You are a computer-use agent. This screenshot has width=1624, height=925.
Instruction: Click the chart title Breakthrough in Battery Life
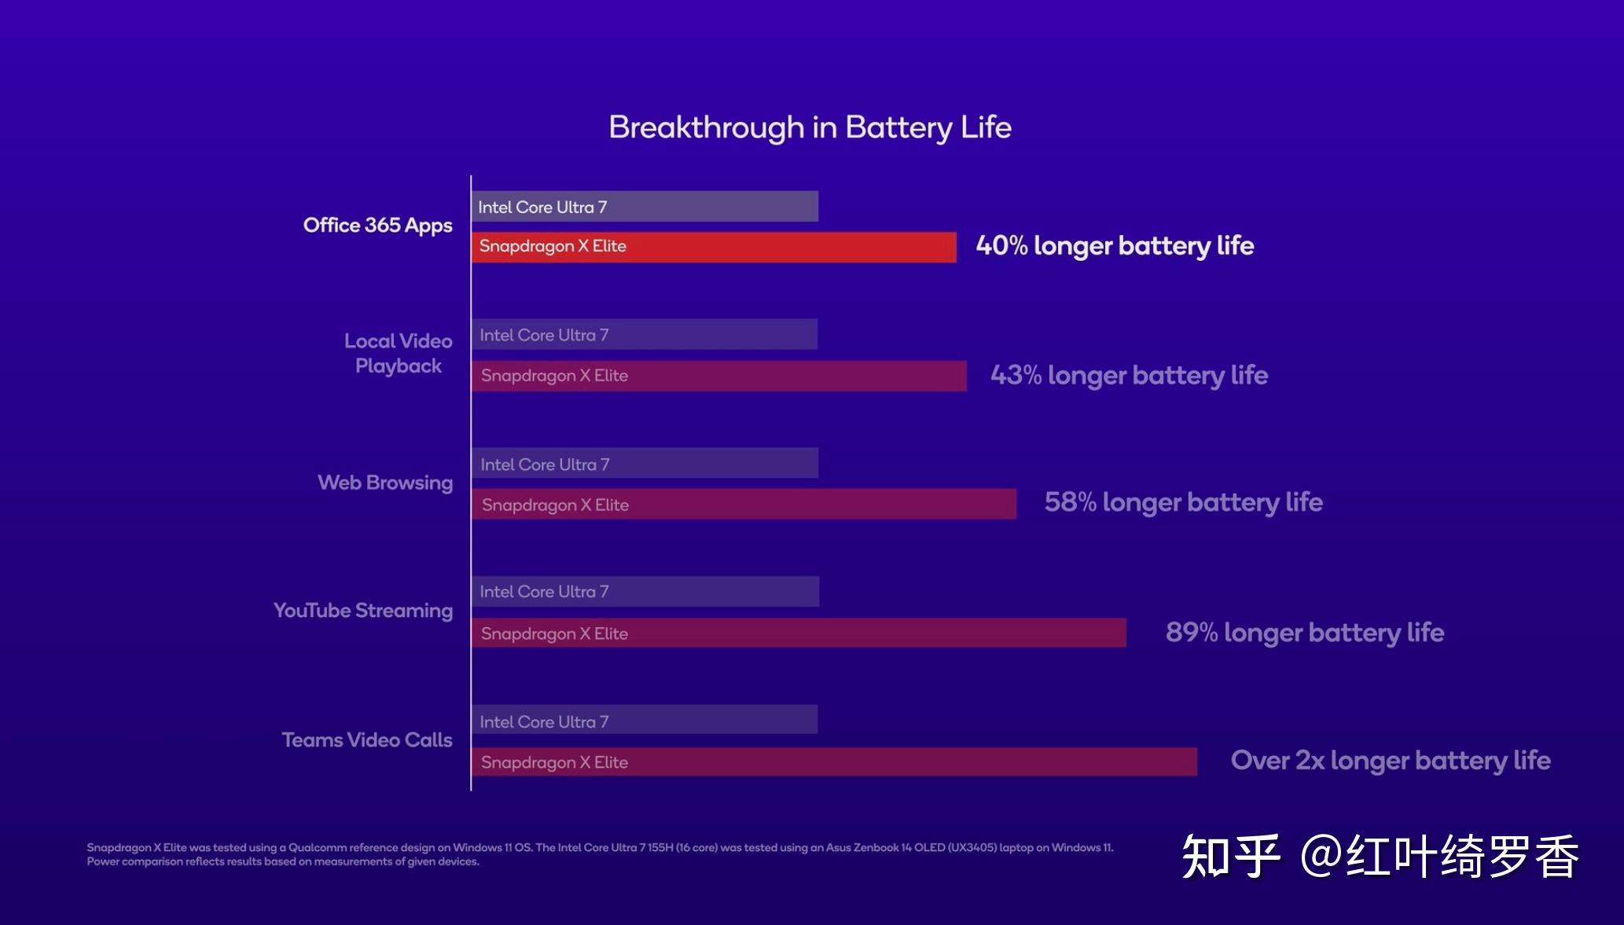[810, 127]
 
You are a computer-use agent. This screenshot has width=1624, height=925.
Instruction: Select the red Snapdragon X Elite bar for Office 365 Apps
[714, 247]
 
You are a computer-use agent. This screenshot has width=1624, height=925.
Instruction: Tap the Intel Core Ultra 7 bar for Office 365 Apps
[645, 207]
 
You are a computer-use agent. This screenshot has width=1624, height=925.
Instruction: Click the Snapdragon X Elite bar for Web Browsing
[744, 505]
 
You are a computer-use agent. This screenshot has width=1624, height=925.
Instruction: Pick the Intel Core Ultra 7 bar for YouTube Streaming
[645, 592]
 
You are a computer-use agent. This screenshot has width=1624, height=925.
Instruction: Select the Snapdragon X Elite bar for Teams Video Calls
[834, 762]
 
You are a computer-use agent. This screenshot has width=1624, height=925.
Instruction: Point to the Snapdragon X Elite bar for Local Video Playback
[718, 376]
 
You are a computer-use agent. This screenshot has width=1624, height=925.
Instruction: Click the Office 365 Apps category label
[377, 226]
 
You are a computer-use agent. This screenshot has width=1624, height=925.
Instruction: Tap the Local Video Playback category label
[398, 354]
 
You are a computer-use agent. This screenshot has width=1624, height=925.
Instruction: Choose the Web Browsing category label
[384, 483]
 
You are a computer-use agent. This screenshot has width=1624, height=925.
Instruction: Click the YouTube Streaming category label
[362, 611]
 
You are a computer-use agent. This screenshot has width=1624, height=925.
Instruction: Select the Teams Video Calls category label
[366, 740]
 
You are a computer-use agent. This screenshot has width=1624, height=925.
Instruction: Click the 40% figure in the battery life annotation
[1001, 246]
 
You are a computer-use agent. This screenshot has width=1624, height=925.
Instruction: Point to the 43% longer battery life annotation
[1129, 376]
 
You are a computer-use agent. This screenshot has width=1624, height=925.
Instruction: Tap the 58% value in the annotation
[1069, 502]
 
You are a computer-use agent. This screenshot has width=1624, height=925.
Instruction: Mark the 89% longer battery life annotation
[1304, 633]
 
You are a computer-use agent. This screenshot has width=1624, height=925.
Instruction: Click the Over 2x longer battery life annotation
[1390, 761]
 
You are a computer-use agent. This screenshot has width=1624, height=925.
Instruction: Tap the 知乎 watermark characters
[1230, 857]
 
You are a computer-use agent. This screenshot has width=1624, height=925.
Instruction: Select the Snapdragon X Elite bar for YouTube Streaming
[799, 633]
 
